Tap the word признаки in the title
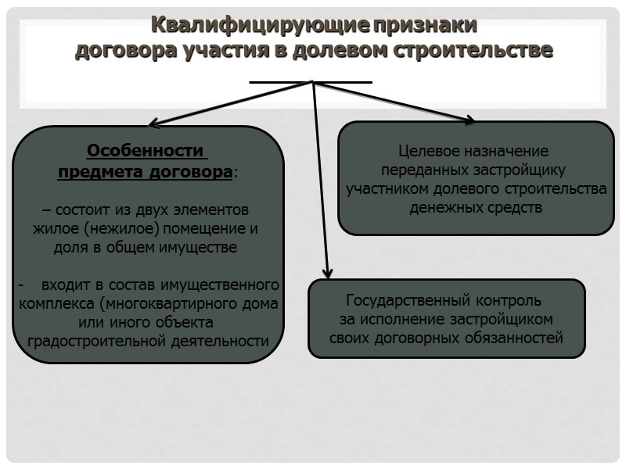click(425, 25)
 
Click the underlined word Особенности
click(145, 150)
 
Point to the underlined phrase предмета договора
click(145, 171)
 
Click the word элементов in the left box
click(214, 210)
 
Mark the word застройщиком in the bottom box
click(502, 319)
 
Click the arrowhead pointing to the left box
click(154, 123)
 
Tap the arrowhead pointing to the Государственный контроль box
click(328, 273)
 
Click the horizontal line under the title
click(311, 81)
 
